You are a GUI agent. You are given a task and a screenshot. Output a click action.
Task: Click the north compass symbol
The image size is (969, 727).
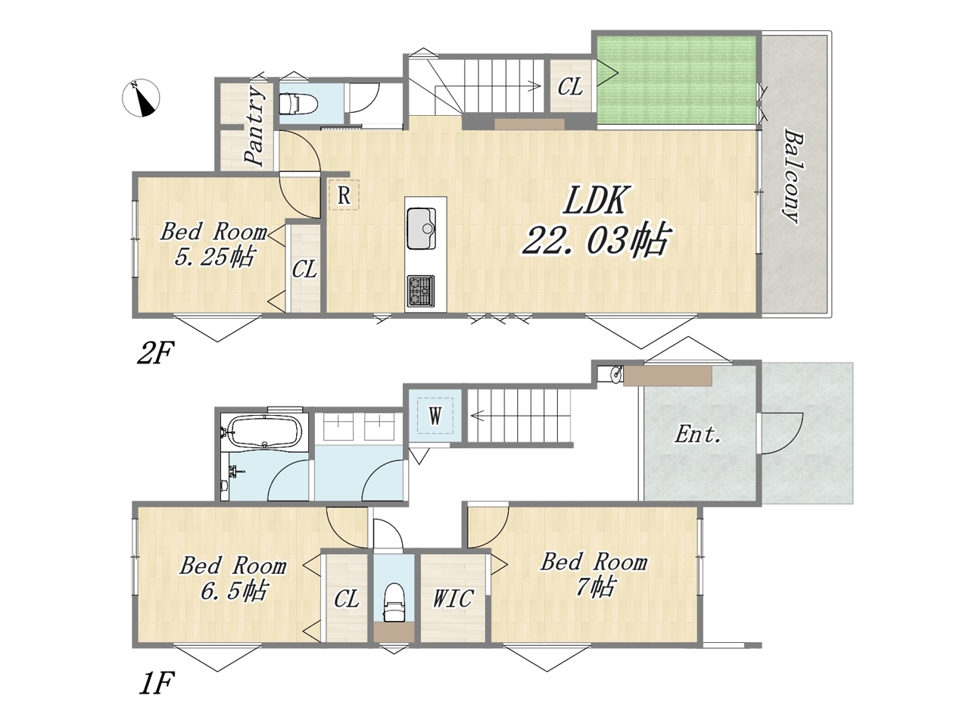pyautogui.click(x=141, y=98)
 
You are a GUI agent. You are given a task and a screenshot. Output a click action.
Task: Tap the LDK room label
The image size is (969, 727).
pyautogui.click(x=596, y=201)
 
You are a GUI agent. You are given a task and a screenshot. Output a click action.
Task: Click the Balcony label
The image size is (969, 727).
pyautogui.click(x=793, y=176)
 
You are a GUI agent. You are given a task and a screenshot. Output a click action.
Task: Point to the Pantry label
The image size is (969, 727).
pyautogui.click(x=254, y=126)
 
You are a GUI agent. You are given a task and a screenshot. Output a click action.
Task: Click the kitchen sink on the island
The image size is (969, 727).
pyautogui.click(x=421, y=228)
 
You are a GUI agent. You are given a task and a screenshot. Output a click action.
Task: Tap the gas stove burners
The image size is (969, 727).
pyautogui.click(x=421, y=291)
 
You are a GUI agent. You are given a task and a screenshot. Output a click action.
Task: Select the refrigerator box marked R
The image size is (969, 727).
pyautogui.click(x=344, y=195)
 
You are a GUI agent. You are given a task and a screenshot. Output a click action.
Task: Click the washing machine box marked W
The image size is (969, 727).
pyautogui.click(x=435, y=415)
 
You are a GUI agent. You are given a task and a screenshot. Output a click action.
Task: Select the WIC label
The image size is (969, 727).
pyautogui.click(x=453, y=598)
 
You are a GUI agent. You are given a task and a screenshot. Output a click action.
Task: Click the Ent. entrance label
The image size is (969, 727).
pyautogui.click(x=697, y=435)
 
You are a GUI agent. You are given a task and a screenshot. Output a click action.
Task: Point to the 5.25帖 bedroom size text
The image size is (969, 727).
pyautogui.click(x=214, y=257)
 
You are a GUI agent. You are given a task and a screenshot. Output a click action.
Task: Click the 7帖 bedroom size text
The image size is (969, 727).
pyautogui.click(x=594, y=588)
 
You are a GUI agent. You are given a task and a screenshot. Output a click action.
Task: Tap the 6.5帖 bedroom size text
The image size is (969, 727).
pyautogui.click(x=233, y=591)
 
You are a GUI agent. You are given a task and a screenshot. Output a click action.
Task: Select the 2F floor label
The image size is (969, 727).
pyautogui.click(x=155, y=353)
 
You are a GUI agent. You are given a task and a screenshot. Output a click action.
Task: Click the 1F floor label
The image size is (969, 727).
pyautogui.click(x=157, y=683)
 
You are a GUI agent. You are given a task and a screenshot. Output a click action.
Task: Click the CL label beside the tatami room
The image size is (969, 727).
pyautogui.click(x=570, y=87)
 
